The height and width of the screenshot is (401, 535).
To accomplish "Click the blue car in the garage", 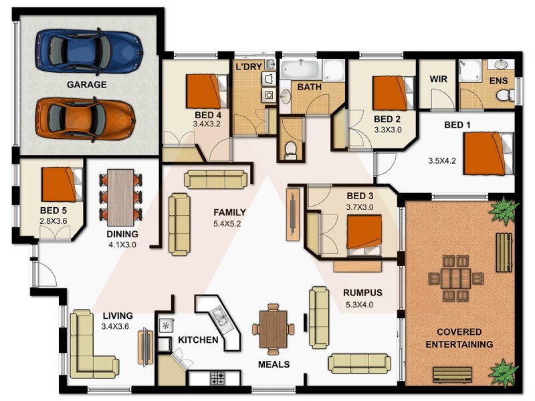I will pos(88,49).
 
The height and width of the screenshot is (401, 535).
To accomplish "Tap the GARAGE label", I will pos(86,85).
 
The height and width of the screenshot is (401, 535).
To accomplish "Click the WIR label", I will pos(439,79).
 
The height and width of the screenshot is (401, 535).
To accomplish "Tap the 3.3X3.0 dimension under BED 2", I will pos(387,130).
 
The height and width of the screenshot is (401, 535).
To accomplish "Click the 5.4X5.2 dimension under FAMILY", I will pos(227,223).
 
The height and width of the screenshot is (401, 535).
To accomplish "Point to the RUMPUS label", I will pos(362,293).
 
